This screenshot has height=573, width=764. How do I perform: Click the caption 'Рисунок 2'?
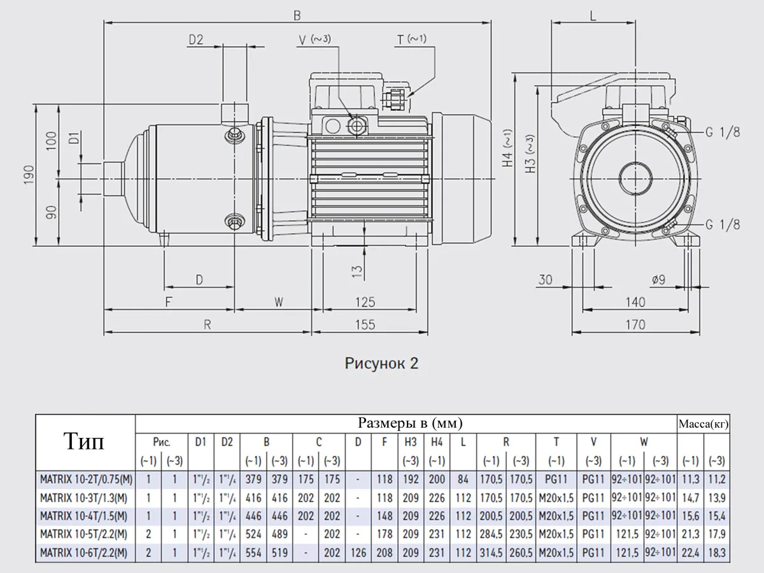click(x=382, y=364)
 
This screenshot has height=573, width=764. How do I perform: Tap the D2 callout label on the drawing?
click(x=195, y=39)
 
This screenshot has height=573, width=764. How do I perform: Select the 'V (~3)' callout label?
click(x=315, y=39)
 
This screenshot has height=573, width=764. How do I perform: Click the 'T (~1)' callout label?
click(x=412, y=39)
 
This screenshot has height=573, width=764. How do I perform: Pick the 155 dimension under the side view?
click(x=365, y=324)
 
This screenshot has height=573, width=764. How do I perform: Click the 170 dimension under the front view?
click(x=635, y=325)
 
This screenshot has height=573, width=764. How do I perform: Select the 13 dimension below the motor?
click(x=357, y=272)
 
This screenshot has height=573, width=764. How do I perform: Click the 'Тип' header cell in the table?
click(x=85, y=441)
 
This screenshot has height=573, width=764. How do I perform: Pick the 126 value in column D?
click(x=358, y=553)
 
